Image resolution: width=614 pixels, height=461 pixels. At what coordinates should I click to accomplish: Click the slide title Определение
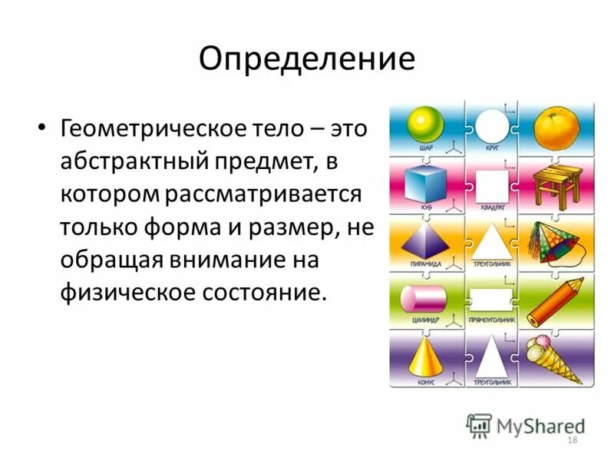[x=307, y=60]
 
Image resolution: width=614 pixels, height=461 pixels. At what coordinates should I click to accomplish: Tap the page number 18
[x=571, y=439]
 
